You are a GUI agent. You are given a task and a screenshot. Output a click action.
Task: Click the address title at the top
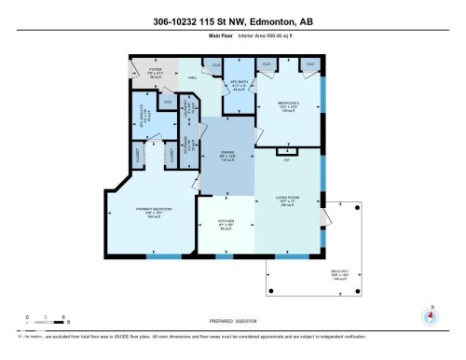232,20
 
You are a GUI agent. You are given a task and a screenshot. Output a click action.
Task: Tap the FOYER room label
143,70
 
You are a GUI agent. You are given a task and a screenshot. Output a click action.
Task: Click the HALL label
193,78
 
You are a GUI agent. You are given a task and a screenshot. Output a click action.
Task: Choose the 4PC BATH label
237,83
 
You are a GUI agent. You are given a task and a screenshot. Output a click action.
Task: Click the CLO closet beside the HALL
215,63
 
